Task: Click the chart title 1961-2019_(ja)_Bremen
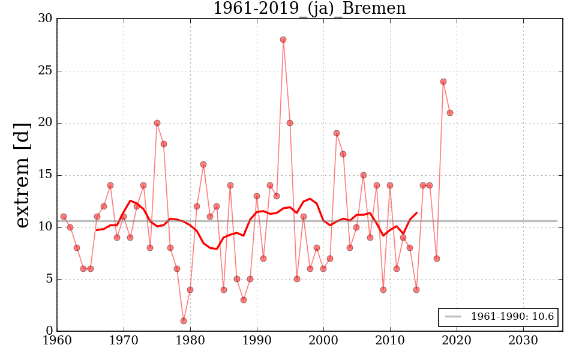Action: (309, 8)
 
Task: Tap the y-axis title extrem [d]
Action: (22, 175)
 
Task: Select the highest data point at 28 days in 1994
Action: (283, 40)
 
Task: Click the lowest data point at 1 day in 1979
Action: (184, 321)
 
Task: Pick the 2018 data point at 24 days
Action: (443, 82)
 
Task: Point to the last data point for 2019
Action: (450, 113)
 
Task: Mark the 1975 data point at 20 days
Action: (157, 123)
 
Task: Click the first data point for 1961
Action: (64, 217)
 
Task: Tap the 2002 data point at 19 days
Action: (337, 133)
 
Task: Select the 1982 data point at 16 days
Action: (203, 164)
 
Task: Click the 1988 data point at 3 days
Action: (244, 300)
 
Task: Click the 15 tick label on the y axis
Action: (44, 175)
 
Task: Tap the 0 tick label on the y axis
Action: (48, 331)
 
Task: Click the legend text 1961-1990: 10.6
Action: (512, 317)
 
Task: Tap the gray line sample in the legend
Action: (453, 317)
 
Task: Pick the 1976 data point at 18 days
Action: (164, 144)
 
